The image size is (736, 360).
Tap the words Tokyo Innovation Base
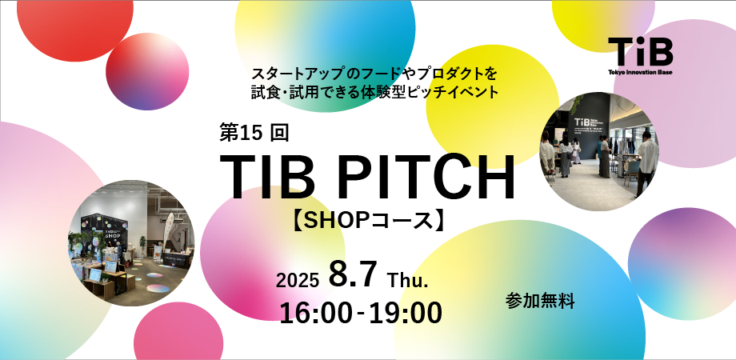coord(640,72)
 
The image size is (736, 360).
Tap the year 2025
coord(298,280)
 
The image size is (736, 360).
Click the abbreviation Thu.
coord(409,280)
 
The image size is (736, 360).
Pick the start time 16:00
coord(315,312)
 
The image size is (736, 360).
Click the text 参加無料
coord(540,301)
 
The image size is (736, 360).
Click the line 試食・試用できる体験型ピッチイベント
coord(374,93)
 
